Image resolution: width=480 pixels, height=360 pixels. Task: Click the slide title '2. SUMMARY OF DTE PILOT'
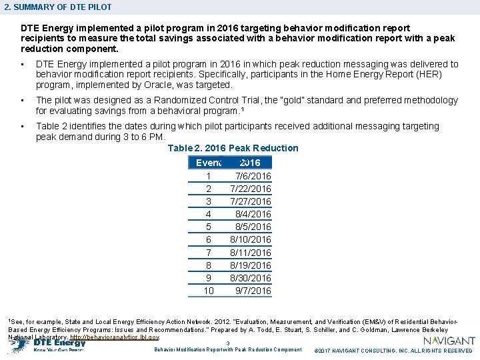(x=57, y=7)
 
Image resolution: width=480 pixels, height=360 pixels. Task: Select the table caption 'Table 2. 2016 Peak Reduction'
(x=233, y=148)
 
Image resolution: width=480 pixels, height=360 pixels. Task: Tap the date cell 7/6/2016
(x=253, y=176)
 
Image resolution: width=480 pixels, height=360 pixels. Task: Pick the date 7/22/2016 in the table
(x=251, y=189)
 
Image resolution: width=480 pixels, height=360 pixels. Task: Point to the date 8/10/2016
(x=251, y=239)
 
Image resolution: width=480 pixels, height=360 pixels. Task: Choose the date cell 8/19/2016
(x=251, y=265)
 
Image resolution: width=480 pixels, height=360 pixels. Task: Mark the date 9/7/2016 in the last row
(x=253, y=291)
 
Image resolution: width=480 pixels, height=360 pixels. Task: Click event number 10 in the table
(x=209, y=291)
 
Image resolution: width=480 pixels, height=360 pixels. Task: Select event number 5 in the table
(x=209, y=227)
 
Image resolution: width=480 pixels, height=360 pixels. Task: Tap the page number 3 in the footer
(x=227, y=343)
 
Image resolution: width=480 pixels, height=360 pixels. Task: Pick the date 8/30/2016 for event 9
(x=251, y=278)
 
